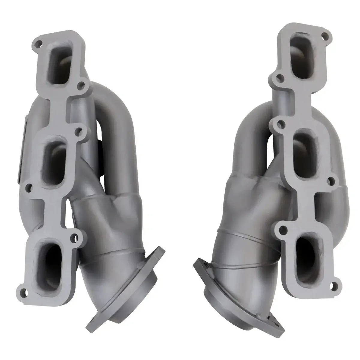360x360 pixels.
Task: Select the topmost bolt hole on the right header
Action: pyautogui.click(x=323, y=37)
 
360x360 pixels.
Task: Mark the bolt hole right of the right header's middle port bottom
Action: pyautogui.click(x=331, y=181)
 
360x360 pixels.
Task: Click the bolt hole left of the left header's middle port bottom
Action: pyautogui.click(x=29, y=188)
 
